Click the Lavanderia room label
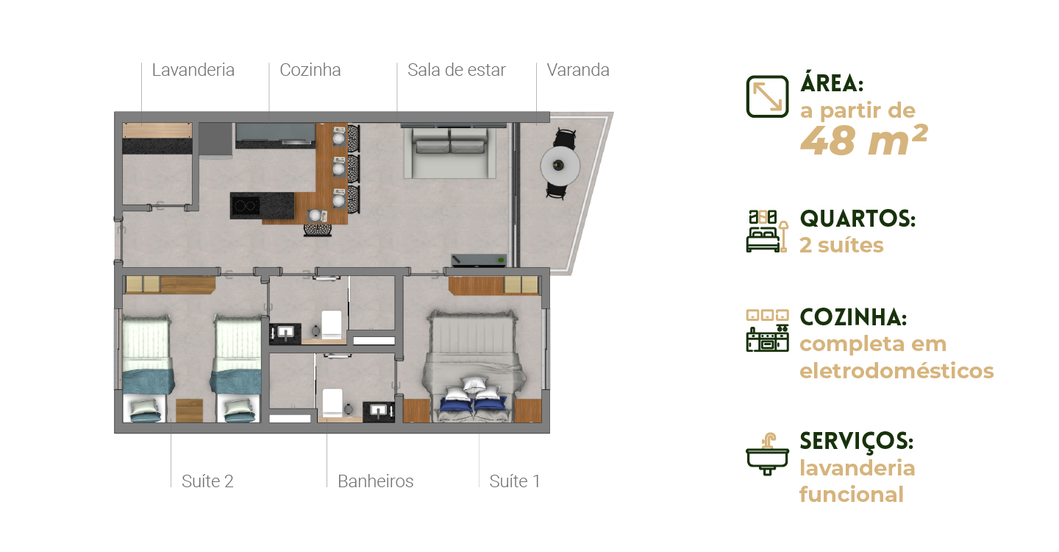[x=193, y=70]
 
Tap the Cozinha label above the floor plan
[x=310, y=70]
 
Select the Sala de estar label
[x=457, y=70]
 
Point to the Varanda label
[x=578, y=70]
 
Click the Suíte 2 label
[x=207, y=481]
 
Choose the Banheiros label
[x=375, y=481]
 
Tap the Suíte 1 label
[x=514, y=481]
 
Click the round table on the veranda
[x=560, y=165]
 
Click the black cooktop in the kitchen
[x=246, y=206]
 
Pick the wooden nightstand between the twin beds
[x=190, y=411]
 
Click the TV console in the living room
[x=479, y=260]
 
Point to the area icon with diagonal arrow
[x=767, y=96]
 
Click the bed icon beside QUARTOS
[x=767, y=231]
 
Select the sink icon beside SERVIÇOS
[x=767, y=454]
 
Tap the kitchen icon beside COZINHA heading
[x=767, y=330]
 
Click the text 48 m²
[x=863, y=141]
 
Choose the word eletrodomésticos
[x=896, y=370]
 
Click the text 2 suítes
[x=841, y=245]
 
